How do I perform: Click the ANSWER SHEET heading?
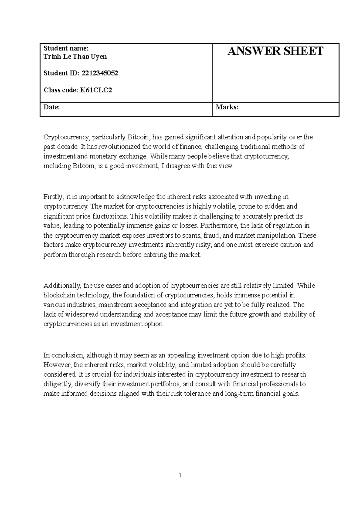(x=275, y=51)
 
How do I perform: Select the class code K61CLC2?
(x=95, y=90)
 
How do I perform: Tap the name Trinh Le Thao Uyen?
(x=75, y=57)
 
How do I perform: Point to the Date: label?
(x=52, y=107)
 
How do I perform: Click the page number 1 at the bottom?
(x=180, y=475)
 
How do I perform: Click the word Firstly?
(x=53, y=197)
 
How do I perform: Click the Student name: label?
(x=66, y=48)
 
